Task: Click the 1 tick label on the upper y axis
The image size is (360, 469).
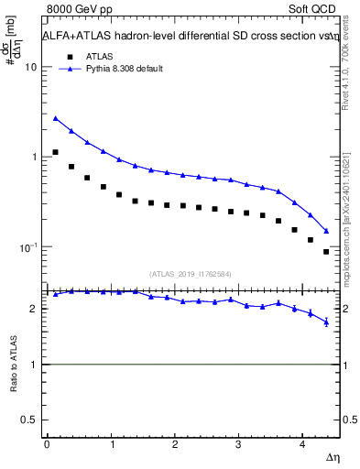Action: point(33,158)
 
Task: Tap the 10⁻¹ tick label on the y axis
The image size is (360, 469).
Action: point(27,247)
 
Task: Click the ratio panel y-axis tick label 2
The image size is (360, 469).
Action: point(33,309)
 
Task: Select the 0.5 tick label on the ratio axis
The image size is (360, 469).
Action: point(28,420)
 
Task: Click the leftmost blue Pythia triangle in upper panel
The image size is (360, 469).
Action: point(56,118)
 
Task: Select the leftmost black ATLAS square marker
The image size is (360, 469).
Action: point(56,152)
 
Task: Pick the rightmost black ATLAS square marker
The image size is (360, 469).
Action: point(326,252)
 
